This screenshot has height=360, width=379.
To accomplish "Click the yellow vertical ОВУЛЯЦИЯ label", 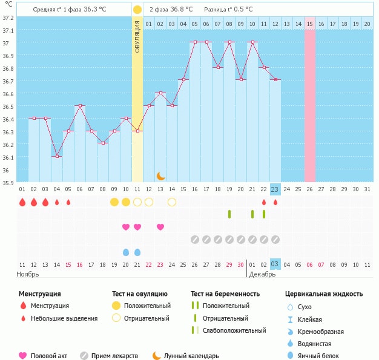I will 137,36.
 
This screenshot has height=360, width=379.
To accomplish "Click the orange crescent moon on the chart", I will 160,175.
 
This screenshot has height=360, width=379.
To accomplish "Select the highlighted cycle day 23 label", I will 275,189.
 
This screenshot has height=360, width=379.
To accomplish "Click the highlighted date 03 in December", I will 275,264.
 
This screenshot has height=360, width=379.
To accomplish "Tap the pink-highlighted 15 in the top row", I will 309,24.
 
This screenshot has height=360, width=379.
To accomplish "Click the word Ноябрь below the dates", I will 28,274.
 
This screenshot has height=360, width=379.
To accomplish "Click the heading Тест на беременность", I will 225,294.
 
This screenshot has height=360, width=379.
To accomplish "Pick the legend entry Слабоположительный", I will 234,330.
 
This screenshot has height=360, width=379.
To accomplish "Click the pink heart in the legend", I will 24,356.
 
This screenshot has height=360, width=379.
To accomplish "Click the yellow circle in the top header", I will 137,10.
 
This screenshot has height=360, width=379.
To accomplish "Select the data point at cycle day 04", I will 57,156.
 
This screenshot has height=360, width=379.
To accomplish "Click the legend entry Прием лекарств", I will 114,356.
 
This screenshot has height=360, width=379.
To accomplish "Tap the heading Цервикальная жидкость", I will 324,294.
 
